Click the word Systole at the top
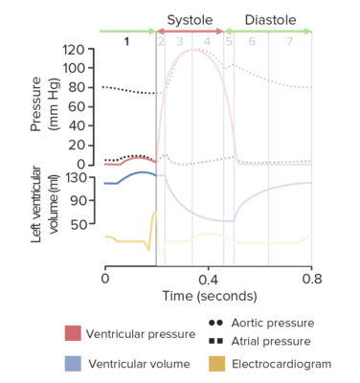point(190,19)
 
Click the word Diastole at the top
point(270,19)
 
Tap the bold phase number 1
point(126,41)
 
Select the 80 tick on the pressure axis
point(83,87)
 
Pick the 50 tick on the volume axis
point(83,226)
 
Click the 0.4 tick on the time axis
point(208,278)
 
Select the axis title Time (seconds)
point(208,296)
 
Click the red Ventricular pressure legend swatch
point(73,333)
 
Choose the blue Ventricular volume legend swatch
point(73,364)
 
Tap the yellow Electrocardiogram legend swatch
point(213,364)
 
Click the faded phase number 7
point(289,41)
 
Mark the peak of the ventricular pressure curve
point(195,49)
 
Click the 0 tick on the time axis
point(104,278)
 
